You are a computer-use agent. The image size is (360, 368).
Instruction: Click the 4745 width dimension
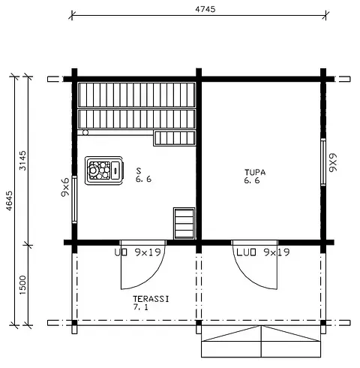point(205,9)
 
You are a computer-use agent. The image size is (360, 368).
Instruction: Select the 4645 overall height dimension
point(9,201)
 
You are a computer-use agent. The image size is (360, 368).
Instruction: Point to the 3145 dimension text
point(22,161)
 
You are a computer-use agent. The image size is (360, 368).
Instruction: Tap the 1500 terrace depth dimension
point(22,285)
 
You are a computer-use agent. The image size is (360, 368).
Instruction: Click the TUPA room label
point(255,172)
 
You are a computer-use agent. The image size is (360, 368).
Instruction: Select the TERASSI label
point(151,299)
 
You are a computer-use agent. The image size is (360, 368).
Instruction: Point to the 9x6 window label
point(65,187)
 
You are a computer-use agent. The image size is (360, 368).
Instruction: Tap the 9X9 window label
point(333,162)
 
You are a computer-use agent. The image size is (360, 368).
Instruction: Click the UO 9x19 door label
point(137,252)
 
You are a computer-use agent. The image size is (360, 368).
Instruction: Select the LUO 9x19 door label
point(263,252)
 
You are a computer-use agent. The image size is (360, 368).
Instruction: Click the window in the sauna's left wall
point(74,199)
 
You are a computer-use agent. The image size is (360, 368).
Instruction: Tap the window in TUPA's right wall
point(323,162)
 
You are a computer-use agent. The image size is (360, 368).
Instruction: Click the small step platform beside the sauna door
point(184,223)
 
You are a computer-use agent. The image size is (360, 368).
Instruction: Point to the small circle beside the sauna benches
point(85,132)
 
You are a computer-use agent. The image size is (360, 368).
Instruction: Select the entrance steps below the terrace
point(261,341)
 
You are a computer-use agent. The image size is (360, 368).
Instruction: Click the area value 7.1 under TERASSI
point(140,307)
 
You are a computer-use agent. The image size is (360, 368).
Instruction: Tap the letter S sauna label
point(139,170)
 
